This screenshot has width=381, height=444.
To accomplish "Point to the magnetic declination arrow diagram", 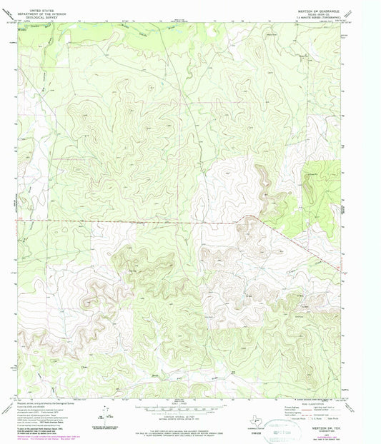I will (x=107, y=415).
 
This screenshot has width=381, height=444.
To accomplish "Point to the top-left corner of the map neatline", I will (x=17, y=21).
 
